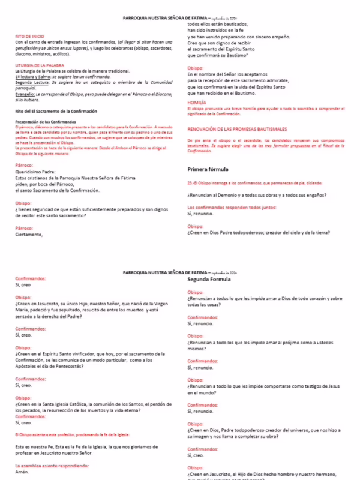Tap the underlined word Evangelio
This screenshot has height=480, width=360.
coord(25,94)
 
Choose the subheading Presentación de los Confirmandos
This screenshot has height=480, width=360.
coord(46,122)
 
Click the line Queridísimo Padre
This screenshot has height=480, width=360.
coord(37,172)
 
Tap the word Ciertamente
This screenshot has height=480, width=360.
coord(29,235)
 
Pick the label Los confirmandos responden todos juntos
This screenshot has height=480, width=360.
coord(232,207)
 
